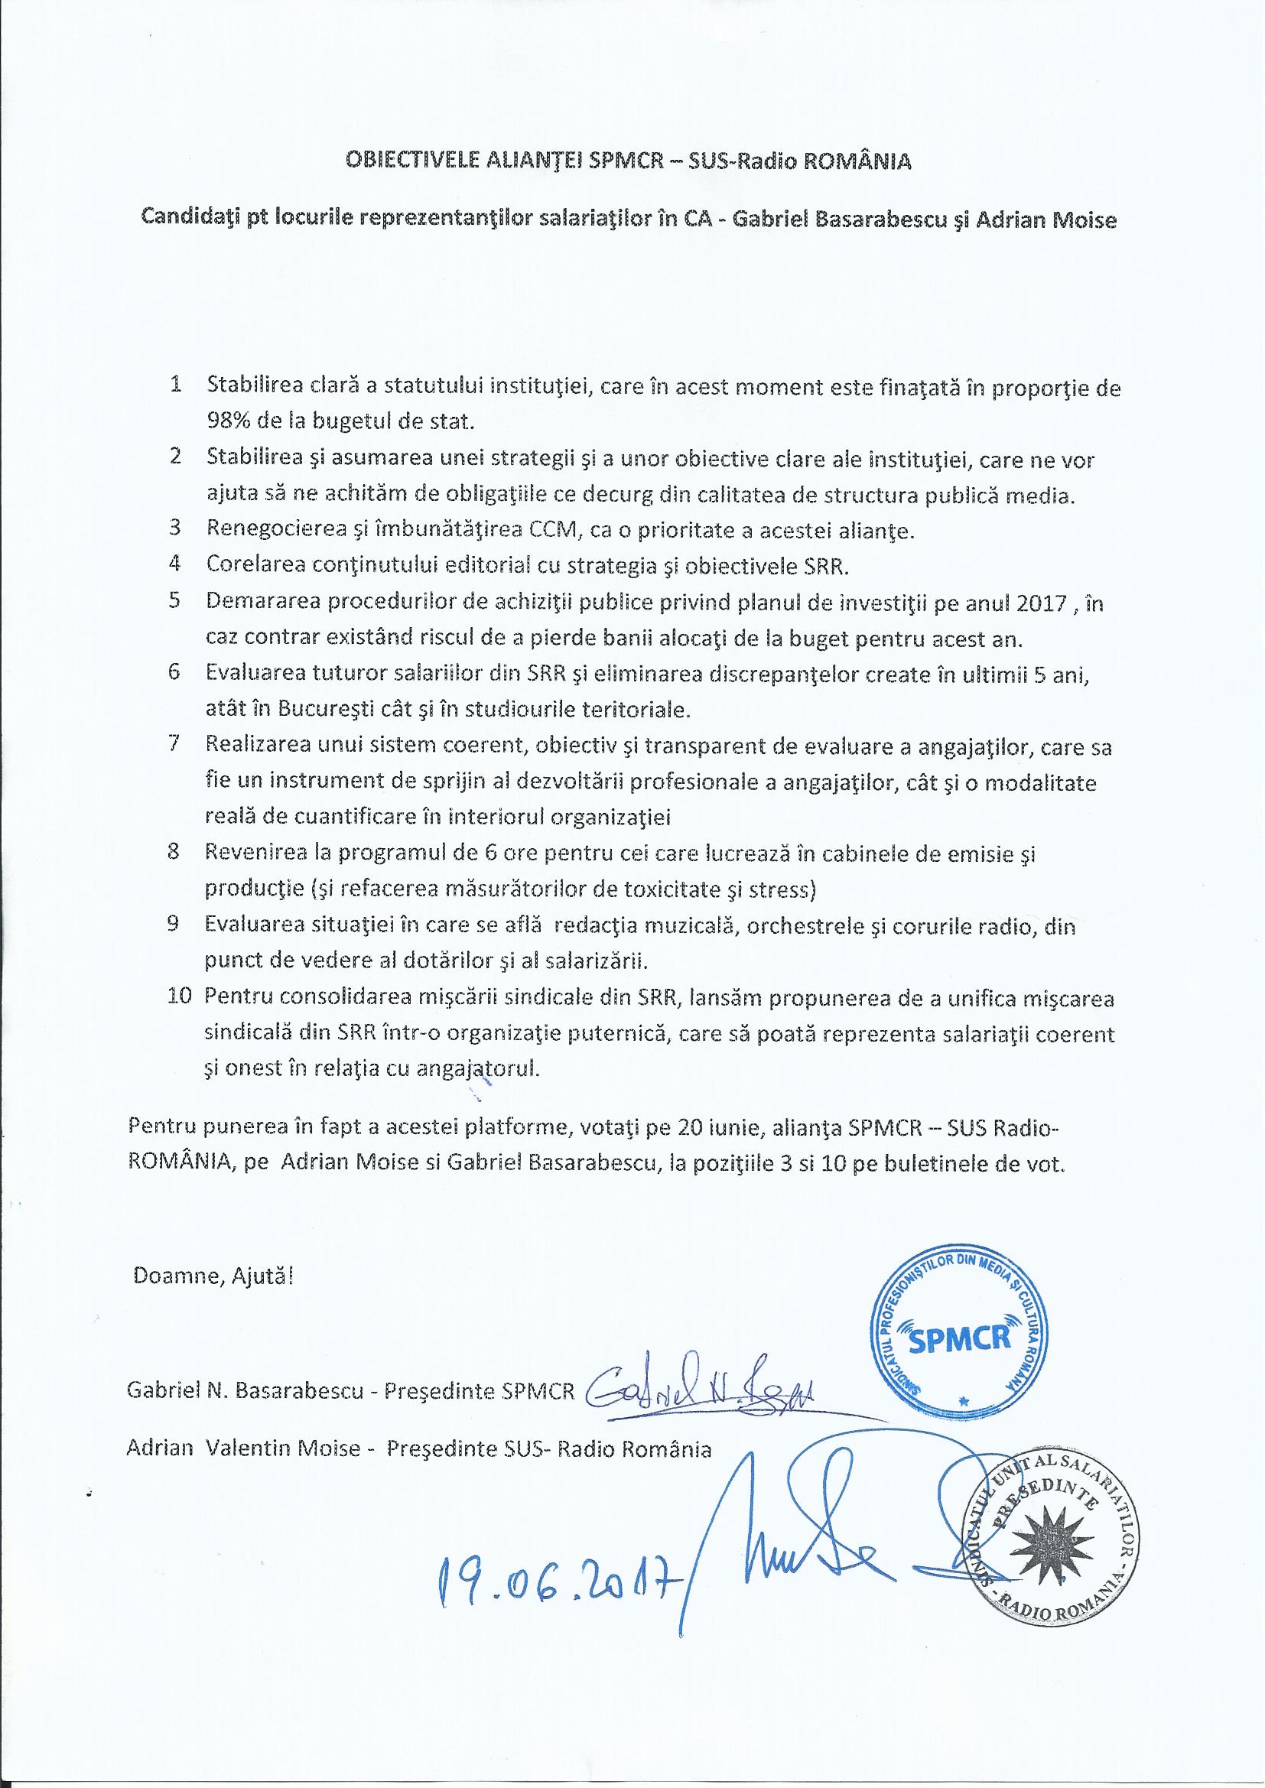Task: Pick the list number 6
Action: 175,673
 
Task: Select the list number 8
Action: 175,853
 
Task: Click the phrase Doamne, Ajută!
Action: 215,1276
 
